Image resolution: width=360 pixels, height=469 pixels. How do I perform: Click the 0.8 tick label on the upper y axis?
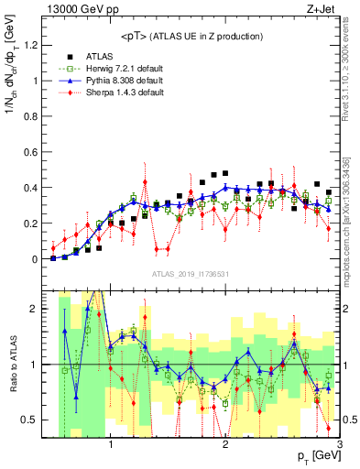coord(35,116)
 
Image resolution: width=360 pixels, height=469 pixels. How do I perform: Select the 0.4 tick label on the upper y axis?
coord(35,188)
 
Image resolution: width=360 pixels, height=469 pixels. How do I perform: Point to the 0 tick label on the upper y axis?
coord(39,259)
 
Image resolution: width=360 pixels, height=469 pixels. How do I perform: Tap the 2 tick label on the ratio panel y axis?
coord(39,309)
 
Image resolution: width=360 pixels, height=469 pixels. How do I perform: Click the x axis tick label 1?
coord(112,446)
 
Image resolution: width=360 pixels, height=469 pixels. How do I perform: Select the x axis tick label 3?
coord(339,446)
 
